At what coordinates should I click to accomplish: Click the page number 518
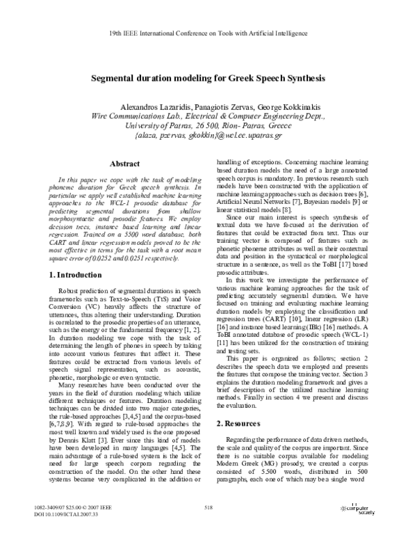click(207, 509)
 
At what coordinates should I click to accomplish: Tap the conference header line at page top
click(208, 33)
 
